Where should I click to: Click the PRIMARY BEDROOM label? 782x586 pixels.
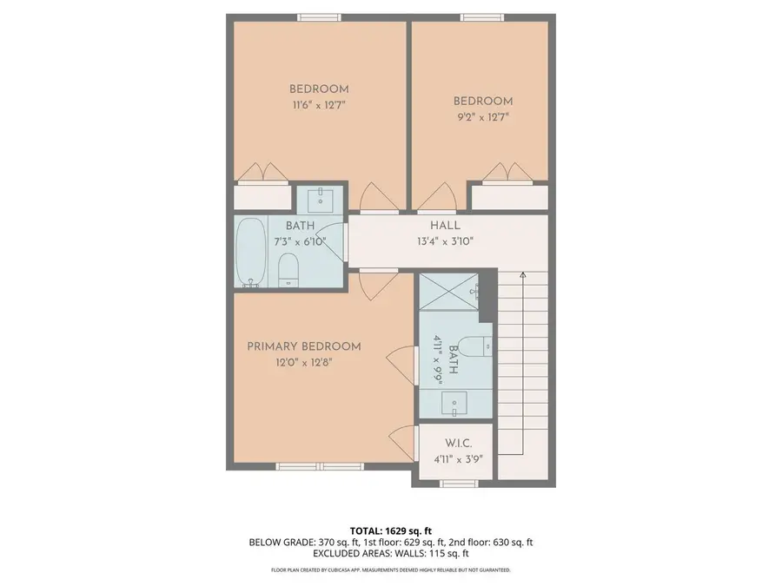(303, 346)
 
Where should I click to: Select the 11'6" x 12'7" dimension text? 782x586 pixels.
(319, 105)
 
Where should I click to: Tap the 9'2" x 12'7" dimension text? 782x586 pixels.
(482, 116)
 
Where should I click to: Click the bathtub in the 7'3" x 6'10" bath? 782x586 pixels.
(251, 253)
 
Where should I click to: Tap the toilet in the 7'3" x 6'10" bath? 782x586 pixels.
(288, 270)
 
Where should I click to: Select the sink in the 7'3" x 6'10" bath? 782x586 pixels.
(321, 199)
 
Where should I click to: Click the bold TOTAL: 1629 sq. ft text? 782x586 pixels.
(390, 530)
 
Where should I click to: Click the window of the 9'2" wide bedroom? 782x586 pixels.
(481, 16)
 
